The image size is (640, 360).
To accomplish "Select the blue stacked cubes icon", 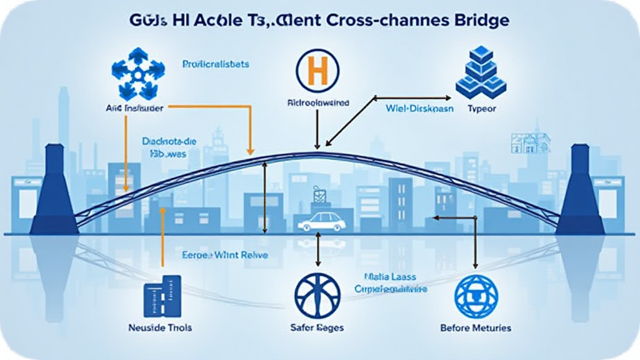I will pyautogui.click(x=480, y=73).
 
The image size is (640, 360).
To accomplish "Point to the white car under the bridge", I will pyautogui.click(x=321, y=221).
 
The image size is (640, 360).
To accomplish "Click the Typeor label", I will pyautogui.click(x=481, y=107).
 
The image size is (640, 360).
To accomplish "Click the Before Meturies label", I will pyautogui.click(x=475, y=327).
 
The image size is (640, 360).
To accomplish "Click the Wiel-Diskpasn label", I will pyautogui.click(x=411, y=107).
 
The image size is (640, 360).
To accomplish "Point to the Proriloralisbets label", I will pyautogui.click(x=216, y=64).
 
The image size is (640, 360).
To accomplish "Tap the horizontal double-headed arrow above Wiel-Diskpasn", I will pyautogui.click(x=412, y=97).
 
